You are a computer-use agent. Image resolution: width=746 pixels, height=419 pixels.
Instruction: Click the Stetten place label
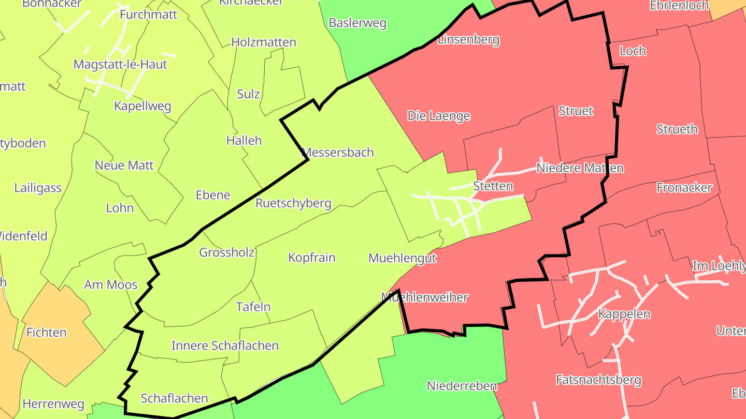pyautogui.click(x=493, y=186)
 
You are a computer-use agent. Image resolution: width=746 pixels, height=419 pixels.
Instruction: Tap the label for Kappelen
pyautogui.click(x=624, y=314)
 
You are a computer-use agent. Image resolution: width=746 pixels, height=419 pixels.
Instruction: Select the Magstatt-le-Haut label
pyautogui.click(x=120, y=65)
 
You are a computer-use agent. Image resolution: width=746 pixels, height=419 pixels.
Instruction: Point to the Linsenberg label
pyautogui.click(x=468, y=39)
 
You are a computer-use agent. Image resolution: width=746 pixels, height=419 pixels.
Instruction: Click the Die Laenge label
pyautogui.click(x=438, y=116)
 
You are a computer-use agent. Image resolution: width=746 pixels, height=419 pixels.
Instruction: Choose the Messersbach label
pyautogui.click(x=337, y=153)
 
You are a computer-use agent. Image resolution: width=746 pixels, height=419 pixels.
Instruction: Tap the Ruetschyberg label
pyautogui.click(x=293, y=203)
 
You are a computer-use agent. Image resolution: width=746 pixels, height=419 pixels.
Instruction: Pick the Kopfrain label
pyautogui.click(x=312, y=258)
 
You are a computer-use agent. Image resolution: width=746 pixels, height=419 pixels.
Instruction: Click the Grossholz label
pyautogui.click(x=226, y=252)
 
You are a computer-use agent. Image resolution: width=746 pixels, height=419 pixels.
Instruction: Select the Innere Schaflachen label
pyautogui.click(x=225, y=346)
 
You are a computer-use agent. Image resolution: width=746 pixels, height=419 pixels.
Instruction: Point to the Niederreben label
pyautogui.click(x=462, y=386)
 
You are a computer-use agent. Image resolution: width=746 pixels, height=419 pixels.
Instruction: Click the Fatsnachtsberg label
pyautogui.click(x=598, y=380)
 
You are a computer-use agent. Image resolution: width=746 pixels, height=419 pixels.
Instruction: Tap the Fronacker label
pyautogui.click(x=684, y=188)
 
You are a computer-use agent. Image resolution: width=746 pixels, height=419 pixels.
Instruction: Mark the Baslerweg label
pyautogui.click(x=357, y=23)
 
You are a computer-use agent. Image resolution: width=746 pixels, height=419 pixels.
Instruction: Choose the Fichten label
pyautogui.click(x=47, y=333)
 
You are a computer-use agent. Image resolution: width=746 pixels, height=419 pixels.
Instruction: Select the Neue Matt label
pyautogui.click(x=124, y=166)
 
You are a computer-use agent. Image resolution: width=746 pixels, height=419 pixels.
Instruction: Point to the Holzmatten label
pyautogui.click(x=264, y=42)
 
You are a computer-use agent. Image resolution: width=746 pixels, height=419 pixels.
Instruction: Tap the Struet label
pyautogui.click(x=576, y=111)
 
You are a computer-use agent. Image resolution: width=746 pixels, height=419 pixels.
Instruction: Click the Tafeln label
pyautogui.click(x=253, y=307)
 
